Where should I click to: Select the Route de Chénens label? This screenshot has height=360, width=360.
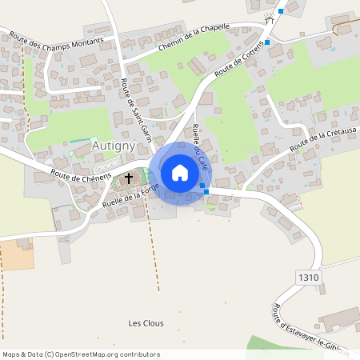click(80, 174)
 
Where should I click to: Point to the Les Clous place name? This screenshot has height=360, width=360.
click(146, 323)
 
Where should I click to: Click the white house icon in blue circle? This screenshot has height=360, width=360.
click(179, 173)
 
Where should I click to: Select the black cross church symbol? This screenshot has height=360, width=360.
click(128, 178)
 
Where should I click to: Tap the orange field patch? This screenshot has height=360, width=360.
click(17, 255)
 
